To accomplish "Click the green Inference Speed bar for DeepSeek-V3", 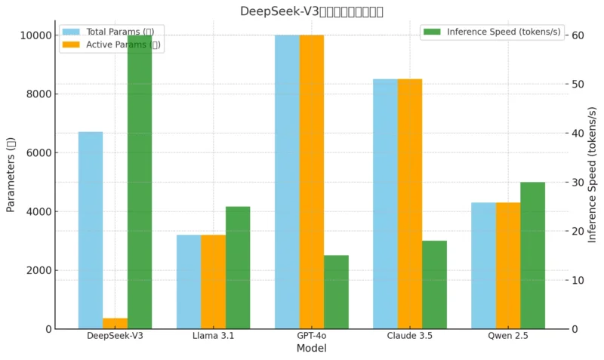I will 140,181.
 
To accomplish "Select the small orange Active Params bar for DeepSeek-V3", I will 115,324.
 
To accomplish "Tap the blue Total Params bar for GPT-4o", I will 287,181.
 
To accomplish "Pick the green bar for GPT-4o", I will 336,292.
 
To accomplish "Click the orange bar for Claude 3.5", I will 409,204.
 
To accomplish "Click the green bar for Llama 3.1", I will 238,267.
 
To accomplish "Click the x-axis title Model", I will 311,349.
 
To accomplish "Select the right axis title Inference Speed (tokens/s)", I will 593,175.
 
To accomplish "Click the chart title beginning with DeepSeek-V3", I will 311,11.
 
